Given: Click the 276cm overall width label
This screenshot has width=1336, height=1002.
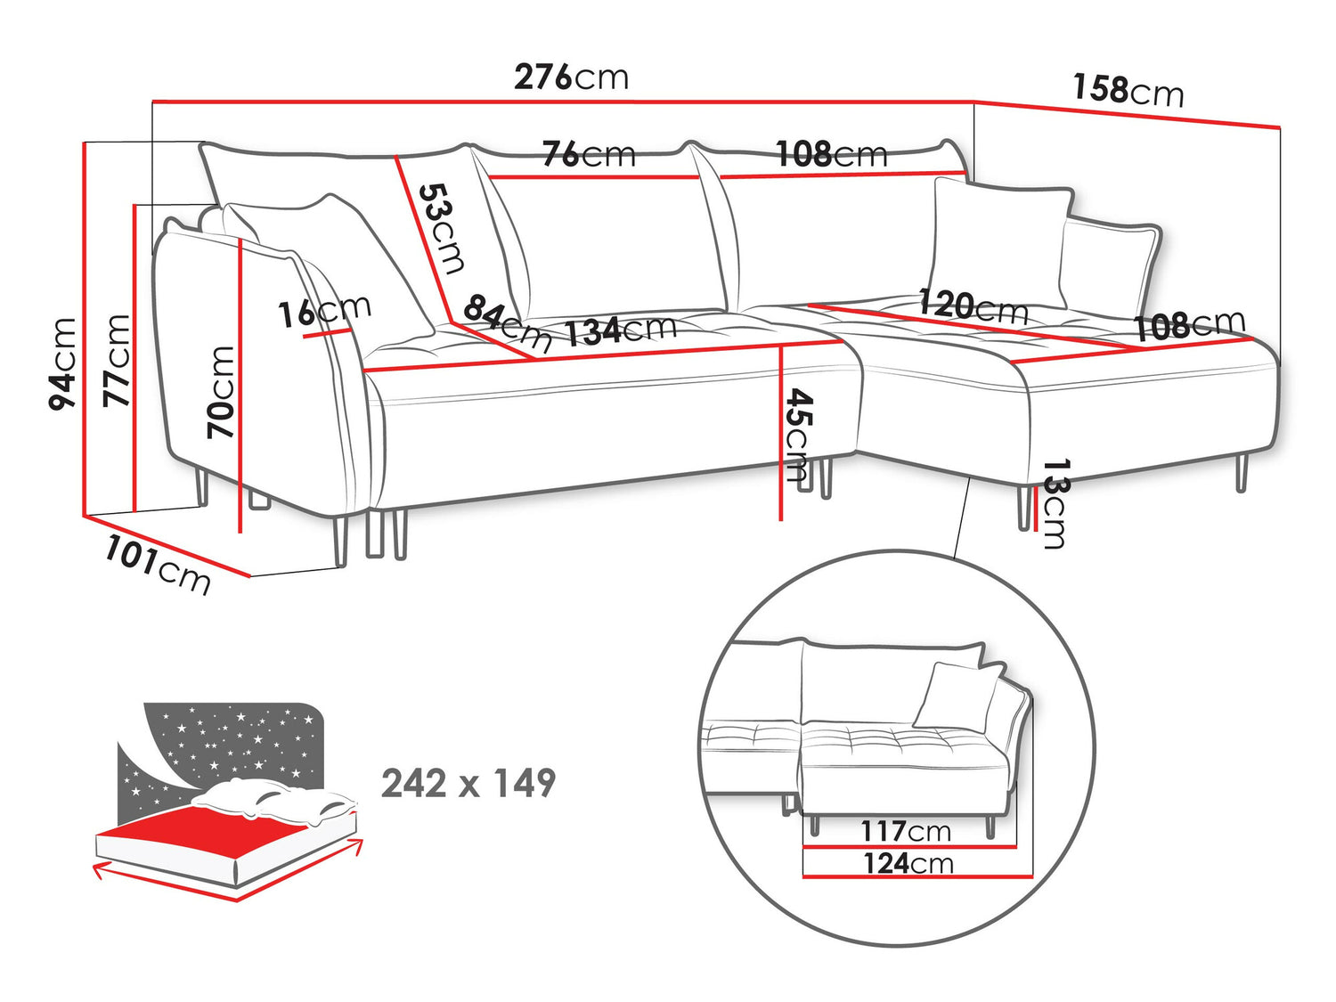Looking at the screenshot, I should (571, 77).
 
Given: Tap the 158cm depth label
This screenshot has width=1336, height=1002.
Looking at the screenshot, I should (1128, 90).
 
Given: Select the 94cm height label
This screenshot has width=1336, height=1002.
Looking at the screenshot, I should (63, 363).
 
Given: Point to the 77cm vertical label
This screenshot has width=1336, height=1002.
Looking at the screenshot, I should (117, 361).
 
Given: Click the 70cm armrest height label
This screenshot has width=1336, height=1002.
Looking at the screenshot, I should (221, 392).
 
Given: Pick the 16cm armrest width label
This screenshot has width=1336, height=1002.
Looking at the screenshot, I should (324, 311).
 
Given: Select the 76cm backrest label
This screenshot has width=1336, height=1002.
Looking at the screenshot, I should (589, 154).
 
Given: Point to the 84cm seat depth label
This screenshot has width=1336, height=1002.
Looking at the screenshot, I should (507, 322).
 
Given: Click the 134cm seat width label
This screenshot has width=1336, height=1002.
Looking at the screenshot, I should (621, 330).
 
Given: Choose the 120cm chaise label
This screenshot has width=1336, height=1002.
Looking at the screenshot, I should (973, 305).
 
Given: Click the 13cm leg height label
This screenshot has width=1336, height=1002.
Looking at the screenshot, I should (1055, 503).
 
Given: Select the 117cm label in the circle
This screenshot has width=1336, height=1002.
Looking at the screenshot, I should (905, 831).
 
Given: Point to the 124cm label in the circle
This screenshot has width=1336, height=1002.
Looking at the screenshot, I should (908, 863).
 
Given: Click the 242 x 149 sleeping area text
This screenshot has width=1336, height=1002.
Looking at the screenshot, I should (468, 784).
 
